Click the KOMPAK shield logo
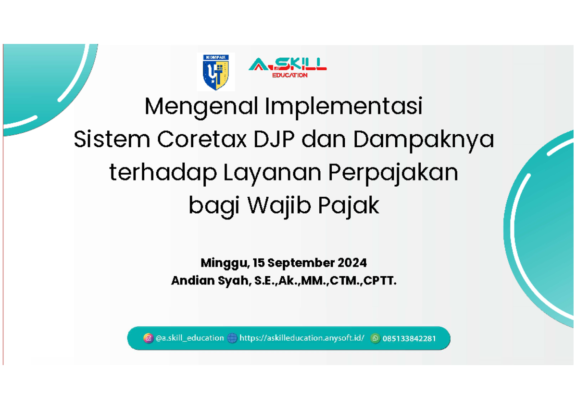tap(216, 72)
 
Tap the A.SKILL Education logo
tap(288, 67)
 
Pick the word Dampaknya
tap(424, 140)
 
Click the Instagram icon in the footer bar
tap(148, 338)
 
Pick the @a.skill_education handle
tap(189, 338)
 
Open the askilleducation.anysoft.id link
tap(301, 338)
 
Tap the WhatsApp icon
tap(375, 338)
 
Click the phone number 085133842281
tap(409, 338)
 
